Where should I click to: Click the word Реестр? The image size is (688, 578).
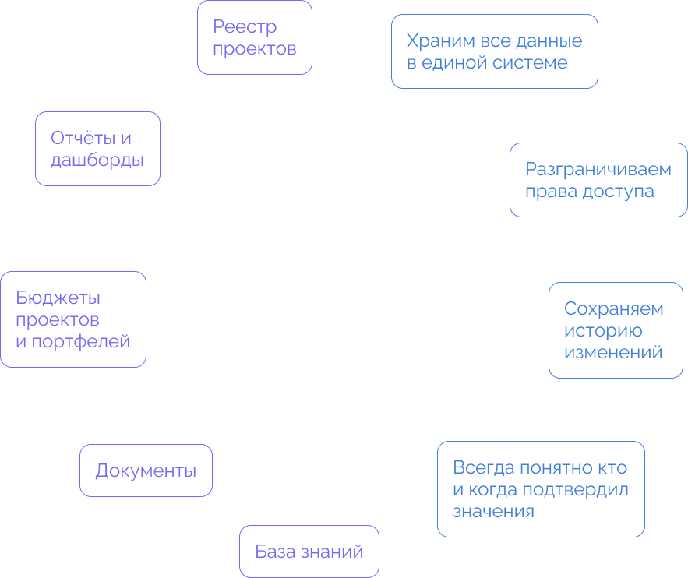tap(245, 27)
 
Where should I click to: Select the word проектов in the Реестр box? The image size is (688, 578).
tap(255, 48)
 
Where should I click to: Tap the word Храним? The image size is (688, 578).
tap(439, 41)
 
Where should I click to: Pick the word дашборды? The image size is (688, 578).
tap(97, 160)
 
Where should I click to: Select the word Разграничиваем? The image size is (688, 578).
tap(598, 169)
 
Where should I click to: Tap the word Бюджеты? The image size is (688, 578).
tap(58, 298)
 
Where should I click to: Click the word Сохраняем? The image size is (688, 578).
tap(614, 308)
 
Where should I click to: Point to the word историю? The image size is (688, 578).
tap(603, 330)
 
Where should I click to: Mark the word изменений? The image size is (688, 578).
tap(613, 352)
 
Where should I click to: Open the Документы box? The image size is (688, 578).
tap(146, 471)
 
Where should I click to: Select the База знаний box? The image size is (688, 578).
tap(309, 552)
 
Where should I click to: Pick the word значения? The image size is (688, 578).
tap(493, 512)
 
